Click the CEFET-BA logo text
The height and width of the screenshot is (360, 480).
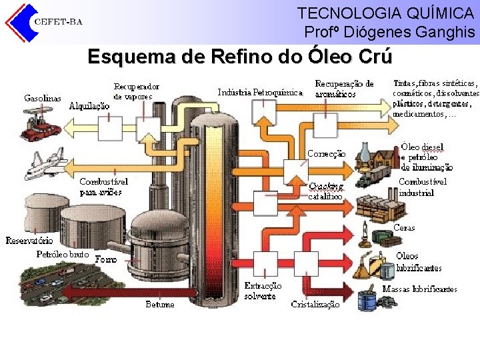pos(58,21)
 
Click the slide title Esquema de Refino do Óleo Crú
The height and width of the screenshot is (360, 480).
pos(240,57)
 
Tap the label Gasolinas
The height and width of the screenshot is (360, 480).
pos(43,98)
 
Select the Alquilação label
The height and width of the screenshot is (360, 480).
pos(89,105)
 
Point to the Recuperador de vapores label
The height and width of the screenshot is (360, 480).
pos(136,91)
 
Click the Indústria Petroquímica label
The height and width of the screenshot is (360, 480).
pos(260,93)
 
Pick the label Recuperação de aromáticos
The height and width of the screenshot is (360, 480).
pos(344,89)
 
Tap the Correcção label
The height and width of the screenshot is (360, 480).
pos(326,153)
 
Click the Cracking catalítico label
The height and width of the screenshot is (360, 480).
pos(326,191)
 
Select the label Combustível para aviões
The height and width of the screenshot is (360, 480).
pos(103,187)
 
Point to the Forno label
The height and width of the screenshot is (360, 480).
pos(106,259)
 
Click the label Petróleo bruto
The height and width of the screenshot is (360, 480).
pos(62,255)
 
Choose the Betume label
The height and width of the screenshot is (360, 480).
pos(160,304)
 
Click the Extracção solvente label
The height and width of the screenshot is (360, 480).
pos(263,291)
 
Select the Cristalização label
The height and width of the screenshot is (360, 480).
pos(315,304)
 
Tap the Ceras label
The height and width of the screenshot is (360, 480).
pos(404,228)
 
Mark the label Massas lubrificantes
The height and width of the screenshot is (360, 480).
pos(419,289)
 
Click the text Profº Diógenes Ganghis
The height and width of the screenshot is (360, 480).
pos(389,31)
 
